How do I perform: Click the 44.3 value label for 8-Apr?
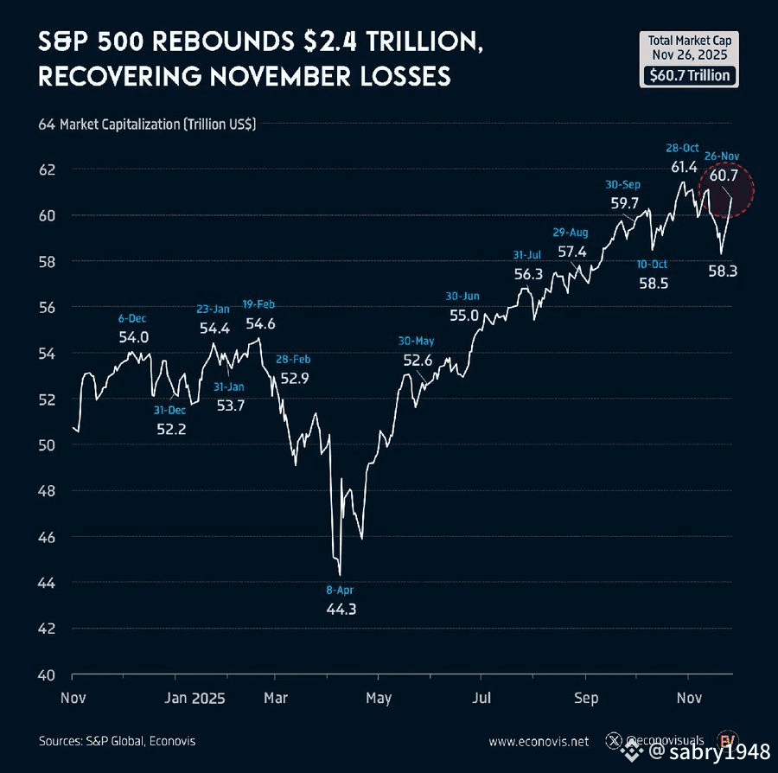(340, 609)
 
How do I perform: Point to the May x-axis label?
(379, 697)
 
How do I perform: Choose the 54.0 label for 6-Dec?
(134, 337)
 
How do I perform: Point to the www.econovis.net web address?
(539, 741)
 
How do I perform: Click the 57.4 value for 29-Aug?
(572, 252)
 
